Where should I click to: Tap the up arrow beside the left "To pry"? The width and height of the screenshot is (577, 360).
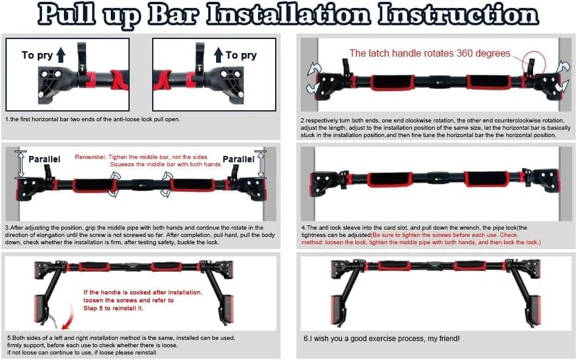61,55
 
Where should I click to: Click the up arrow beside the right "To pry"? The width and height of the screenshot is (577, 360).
219,55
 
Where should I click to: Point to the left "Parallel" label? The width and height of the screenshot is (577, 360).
44,159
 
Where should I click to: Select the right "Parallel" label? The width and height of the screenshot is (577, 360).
239,159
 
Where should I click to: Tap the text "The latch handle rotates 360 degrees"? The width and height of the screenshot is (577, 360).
430,54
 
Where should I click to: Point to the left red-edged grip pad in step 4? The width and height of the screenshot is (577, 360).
391,179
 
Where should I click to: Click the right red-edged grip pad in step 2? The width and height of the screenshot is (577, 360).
489,82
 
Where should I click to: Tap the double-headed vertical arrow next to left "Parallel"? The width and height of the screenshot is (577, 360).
21,164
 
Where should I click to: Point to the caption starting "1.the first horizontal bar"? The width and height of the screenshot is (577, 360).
93,119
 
